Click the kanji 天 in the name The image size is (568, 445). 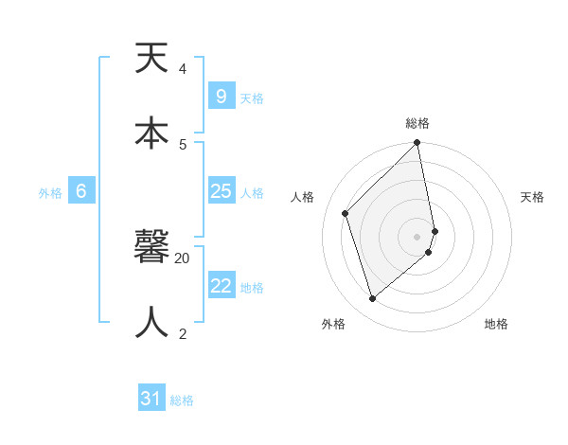pyautogui.click(x=151, y=59)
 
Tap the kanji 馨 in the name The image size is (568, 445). pyautogui.click(x=151, y=249)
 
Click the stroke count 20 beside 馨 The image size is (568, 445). pyautogui.click(x=183, y=258)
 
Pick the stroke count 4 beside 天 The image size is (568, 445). pyautogui.click(x=183, y=68)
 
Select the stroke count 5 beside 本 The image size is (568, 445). pyautogui.click(x=183, y=144)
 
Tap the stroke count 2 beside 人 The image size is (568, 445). pyautogui.click(x=183, y=333)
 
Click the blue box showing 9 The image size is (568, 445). pyautogui.click(x=221, y=97)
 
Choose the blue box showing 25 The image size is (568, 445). pyautogui.click(x=221, y=191)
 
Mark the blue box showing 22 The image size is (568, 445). pyautogui.click(x=221, y=286)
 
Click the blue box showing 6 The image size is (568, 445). pyautogui.click(x=81, y=191)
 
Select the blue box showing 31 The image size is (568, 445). pyautogui.click(x=151, y=399)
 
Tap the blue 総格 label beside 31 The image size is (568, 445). pyautogui.click(x=182, y=400)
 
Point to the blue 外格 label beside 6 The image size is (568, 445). pyautogui.click(x=50, y=193)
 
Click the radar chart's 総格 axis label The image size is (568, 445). pyautogui.click(x=417, y=123)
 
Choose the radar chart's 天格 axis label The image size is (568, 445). pyautogui.click(x=532, y=197)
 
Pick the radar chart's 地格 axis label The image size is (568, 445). pyautogui.click(x=496, y=324)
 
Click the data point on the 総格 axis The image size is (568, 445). pyautogui.click(x=417, y=144)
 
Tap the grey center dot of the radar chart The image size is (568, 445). pyautogui.click(x=417, y=236)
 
